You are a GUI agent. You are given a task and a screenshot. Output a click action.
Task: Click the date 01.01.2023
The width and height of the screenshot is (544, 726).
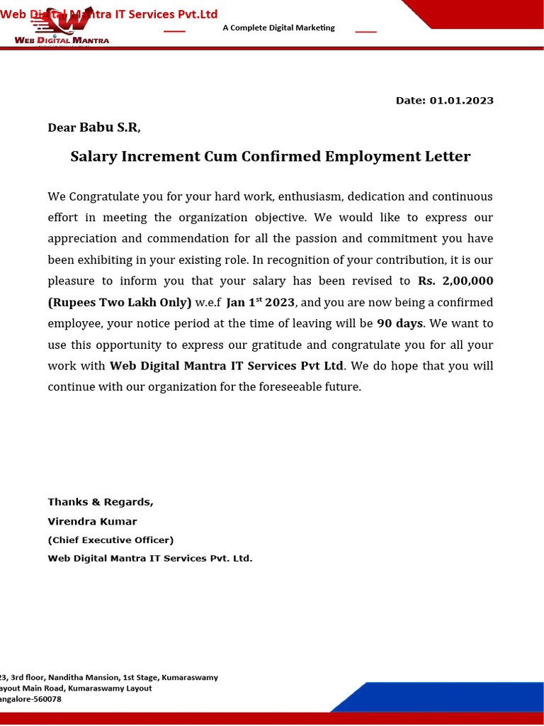coord(461,101)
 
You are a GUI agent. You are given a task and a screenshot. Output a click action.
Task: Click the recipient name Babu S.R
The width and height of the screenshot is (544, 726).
coord(110,128)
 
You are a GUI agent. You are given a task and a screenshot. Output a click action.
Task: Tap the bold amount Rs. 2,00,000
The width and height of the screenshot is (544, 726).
coord(455,281)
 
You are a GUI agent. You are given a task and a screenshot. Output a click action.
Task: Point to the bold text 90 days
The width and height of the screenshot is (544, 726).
coord(399,324)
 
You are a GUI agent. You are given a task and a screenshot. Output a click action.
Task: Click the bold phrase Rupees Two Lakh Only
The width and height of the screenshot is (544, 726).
coord(120,303)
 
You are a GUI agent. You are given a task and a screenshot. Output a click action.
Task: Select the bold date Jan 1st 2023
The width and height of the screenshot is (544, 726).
coord(260,303)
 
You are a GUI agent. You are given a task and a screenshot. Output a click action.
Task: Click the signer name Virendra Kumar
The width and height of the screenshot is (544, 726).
coord(92,522)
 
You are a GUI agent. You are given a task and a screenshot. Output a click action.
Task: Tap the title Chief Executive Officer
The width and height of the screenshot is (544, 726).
coord(110,540)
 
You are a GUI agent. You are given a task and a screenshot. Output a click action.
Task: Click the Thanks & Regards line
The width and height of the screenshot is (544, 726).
coord(100,502)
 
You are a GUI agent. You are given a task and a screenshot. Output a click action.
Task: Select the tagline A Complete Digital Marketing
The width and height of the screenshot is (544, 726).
coord(278,28)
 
